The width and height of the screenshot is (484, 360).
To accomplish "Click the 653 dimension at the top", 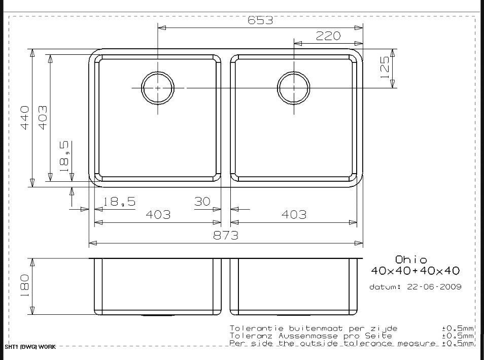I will (260, 20).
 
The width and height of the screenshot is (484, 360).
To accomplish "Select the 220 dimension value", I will (328, 36).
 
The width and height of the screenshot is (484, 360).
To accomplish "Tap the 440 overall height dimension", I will (24, 117).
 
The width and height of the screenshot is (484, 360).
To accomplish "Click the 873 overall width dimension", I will (225, 236).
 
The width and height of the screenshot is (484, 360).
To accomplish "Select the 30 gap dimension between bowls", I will (202, 202).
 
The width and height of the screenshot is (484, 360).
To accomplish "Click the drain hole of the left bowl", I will (158, 88).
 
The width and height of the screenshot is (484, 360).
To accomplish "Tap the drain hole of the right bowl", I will (293, 88).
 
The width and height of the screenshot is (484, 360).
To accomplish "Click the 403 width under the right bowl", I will (294, 215).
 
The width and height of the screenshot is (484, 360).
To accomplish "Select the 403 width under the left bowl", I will (158, 215).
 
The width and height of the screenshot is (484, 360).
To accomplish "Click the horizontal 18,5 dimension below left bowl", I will (120, 202).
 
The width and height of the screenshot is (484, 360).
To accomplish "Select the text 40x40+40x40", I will (416, 271).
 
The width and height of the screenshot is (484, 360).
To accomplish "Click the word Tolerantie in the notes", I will (252, 328).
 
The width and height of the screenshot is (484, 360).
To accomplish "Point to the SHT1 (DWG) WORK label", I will (30, 347).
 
